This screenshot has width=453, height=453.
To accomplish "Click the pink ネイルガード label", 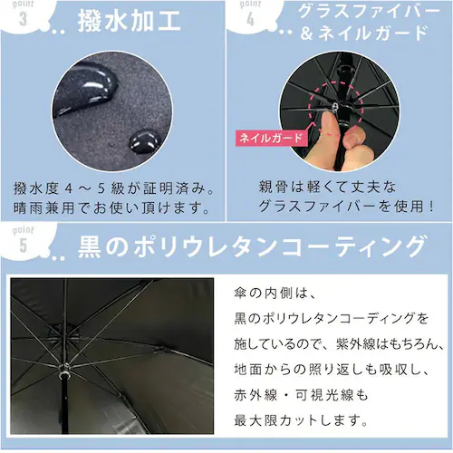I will coord(269,139).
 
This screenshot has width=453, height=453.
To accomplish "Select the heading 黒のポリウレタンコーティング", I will coord(249,246).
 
